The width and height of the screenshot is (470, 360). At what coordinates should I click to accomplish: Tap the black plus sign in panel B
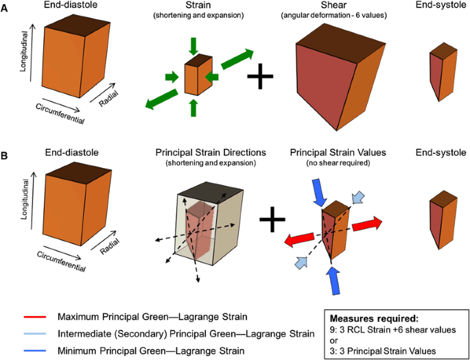point(272,221)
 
